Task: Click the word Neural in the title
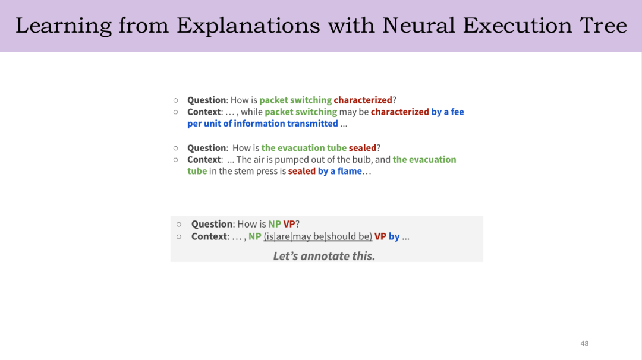pos(418,26)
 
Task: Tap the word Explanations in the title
pos(248,26)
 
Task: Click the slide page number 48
pos(584,343)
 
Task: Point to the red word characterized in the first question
pos(363,100)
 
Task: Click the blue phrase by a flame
pos(340,171)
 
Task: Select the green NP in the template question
pos(274,224)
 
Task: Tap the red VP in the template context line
pos(380,236)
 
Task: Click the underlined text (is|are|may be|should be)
pos(317,236)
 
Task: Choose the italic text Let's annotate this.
pos(324,256)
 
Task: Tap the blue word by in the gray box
pos(394,236)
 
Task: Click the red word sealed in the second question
pos(363,148)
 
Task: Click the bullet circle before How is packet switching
pos(175,100)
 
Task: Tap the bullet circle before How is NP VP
pos(179,224)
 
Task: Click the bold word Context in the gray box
pos(209,236)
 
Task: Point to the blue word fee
pos(457,112)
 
